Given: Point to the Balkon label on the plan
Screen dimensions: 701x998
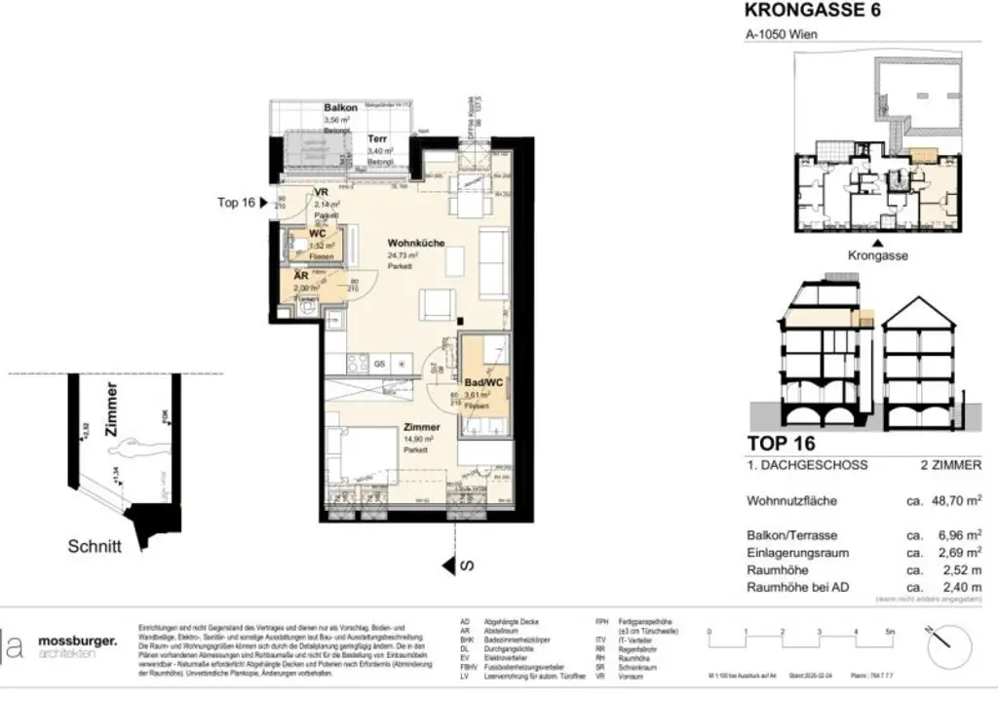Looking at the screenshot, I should click(x=340, y=108).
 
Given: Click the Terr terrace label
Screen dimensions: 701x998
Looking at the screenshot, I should click(x=377, y=139).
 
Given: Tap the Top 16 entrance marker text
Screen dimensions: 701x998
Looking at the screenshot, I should click(x=236, y=203).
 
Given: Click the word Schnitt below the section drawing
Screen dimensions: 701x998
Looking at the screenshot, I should click(x=94, y=547).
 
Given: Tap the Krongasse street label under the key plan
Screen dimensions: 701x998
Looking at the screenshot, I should click(x=879, y=255).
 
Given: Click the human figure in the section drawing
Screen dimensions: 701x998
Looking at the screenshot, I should click(x=127, y=454).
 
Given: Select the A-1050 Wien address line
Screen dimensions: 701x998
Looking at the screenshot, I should click(x=782, y=34).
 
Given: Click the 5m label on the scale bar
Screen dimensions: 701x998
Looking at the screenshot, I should click(x=889, y=633).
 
